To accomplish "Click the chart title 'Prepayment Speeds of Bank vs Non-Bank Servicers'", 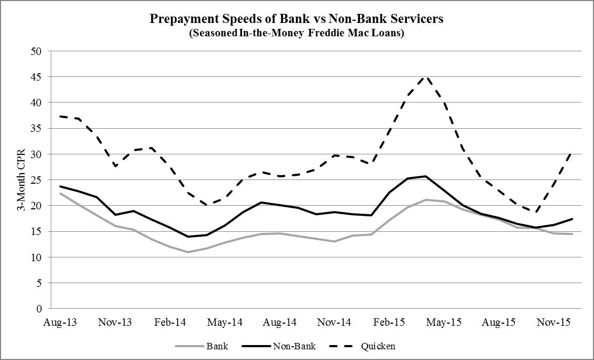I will [296, 19].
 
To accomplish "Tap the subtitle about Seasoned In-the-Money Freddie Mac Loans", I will [296, 33].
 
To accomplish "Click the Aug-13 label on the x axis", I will [59, 323].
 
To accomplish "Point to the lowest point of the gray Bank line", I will [188, 252].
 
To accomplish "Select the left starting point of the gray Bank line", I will [60, 193].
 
